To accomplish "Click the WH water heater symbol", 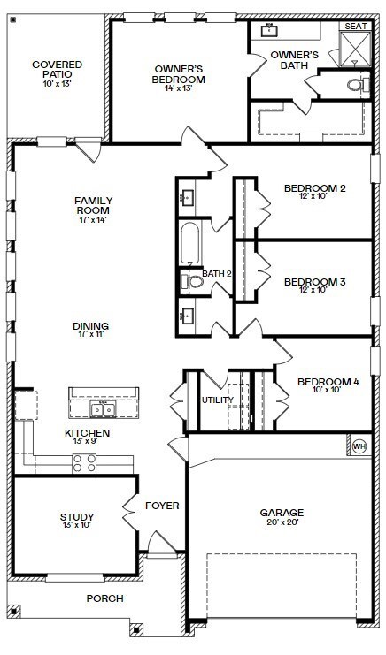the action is pos(359,446).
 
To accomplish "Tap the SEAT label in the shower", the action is pos(356,26).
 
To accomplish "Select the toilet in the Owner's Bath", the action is pos(358,85).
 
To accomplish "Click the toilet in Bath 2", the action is pos(192,281).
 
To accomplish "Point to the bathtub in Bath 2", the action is pos(190,244).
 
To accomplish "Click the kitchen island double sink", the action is pos(103,410).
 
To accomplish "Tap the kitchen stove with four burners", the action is pos(84,463).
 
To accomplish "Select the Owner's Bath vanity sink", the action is pos(268,30).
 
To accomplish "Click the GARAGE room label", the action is pos(282,512).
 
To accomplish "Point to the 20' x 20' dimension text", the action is pos(282,522).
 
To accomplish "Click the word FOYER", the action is pos(162,506).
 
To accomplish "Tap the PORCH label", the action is pos(105,598).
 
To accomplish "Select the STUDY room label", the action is pos(76,517).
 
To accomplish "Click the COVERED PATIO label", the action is pos(58,69).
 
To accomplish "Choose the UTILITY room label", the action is pos(218,400).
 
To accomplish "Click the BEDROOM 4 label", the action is pos(328,382).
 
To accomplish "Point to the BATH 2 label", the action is pos(217,274).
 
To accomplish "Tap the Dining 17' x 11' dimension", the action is pos(91,334).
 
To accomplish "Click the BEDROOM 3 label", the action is pos(315,282).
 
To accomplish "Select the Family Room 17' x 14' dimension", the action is pos(93,219).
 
